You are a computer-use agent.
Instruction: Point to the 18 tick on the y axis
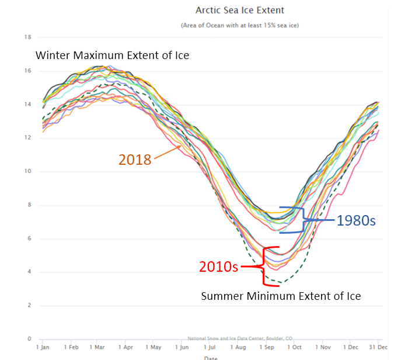pos(27,37)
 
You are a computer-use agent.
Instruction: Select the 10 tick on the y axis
pos(27,171)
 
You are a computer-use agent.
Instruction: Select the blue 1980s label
pos(356,221)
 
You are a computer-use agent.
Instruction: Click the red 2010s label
pos(218,266)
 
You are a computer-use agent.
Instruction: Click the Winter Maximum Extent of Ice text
pos(112,56)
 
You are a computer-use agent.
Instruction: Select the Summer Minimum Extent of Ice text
pos(281,296)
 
